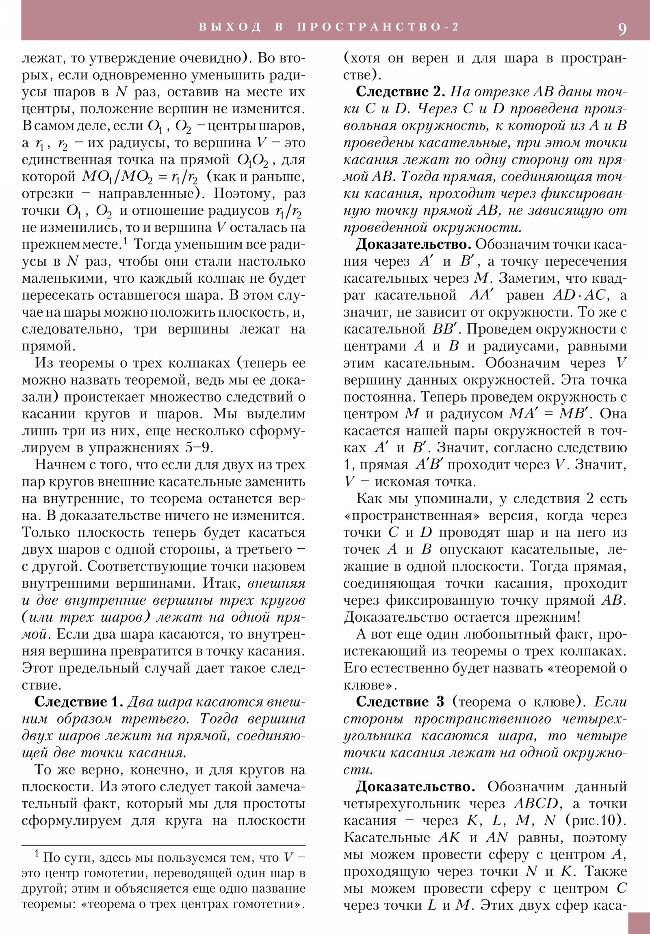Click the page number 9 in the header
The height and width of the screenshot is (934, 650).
[x=622, y=29]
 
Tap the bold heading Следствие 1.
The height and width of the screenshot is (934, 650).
[x=78, y=702]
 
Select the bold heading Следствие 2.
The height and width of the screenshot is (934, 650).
[x=400, y=91]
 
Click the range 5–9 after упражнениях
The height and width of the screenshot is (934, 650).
[x=199, y=448]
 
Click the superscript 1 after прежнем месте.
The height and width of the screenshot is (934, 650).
[x=126, y=241]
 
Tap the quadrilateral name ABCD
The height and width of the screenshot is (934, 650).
[x=535, y=804]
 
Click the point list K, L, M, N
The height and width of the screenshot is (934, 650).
[x=511, y=821]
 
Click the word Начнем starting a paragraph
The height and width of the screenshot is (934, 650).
[x=60, y=465]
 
